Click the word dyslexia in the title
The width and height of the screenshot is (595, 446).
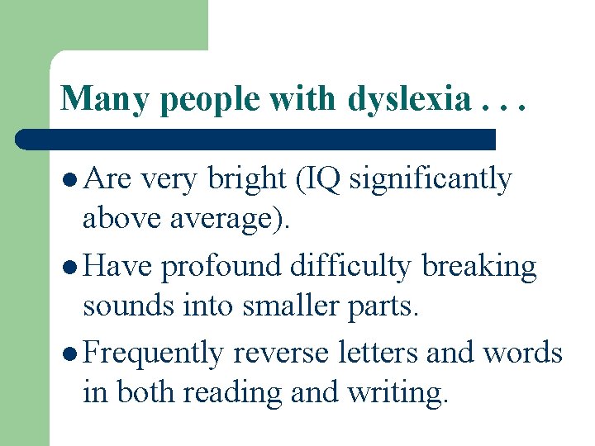[x=407, y=99]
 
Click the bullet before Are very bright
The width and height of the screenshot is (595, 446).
[x=72, y=179]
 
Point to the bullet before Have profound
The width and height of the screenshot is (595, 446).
[x=72, y=267]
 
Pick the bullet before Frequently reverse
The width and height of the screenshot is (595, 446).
[x=72, y=353]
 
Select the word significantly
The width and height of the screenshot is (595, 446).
[x=431, y=179]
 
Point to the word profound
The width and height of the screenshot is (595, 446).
[x=221, y=266]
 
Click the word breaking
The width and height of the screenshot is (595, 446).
[x=479, y=266]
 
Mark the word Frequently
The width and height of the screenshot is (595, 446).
[x=154, y=353]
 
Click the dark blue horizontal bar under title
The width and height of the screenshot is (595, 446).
[x=256, y=139]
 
